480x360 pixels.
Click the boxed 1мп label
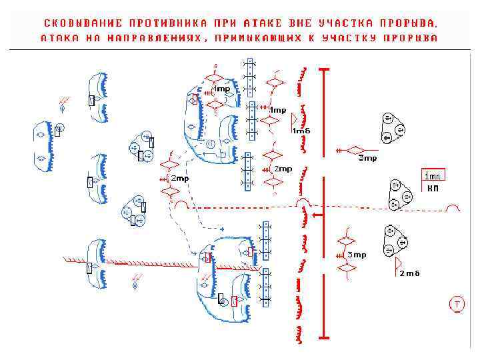pos(433,176)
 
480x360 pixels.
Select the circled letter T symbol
pos(457,305)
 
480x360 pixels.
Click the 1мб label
pos(301,131)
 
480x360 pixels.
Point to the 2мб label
pos(409,273)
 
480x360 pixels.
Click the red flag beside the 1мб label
pos(294,119)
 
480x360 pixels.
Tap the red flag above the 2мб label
pos(398,262)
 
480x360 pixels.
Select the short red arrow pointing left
pos(317,215)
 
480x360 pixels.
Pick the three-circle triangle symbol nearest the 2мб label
pos(394,241)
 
